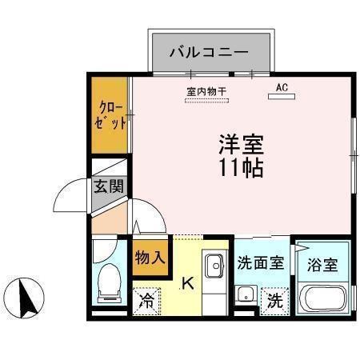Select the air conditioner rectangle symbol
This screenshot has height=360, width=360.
click(x=281, y=98)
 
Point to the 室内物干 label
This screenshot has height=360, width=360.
click(x=206, y=91)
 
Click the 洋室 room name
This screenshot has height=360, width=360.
click(x=241, y=146)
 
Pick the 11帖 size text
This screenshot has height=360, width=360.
click(x=241, y=169)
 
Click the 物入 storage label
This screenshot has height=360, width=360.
click(x=150, y=258)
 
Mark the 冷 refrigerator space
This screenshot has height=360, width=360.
click(x=147, y=301)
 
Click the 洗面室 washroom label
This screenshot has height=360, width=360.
click(x=260, y=263)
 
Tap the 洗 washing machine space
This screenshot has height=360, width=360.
click(x=274, y=302)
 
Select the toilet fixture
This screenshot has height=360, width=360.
click(x=107, y=284)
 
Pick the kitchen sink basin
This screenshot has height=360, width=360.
click(x=214, y=266)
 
